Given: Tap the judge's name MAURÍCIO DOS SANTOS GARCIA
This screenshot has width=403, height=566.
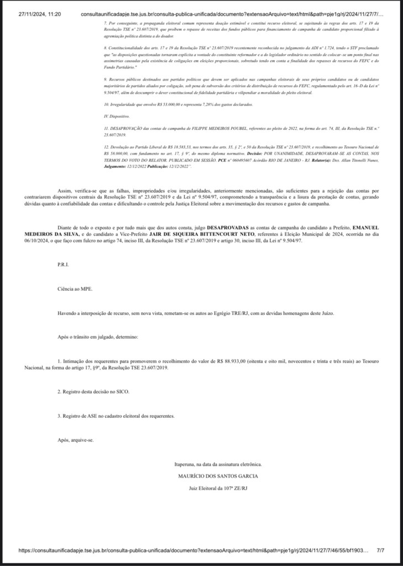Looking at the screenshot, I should (218, 476).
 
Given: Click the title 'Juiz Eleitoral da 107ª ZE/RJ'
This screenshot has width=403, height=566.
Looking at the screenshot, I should (218, 488).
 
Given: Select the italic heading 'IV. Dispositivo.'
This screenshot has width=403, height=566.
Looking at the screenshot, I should (117, 117).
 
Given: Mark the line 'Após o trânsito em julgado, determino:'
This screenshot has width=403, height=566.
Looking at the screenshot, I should (95, 337).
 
